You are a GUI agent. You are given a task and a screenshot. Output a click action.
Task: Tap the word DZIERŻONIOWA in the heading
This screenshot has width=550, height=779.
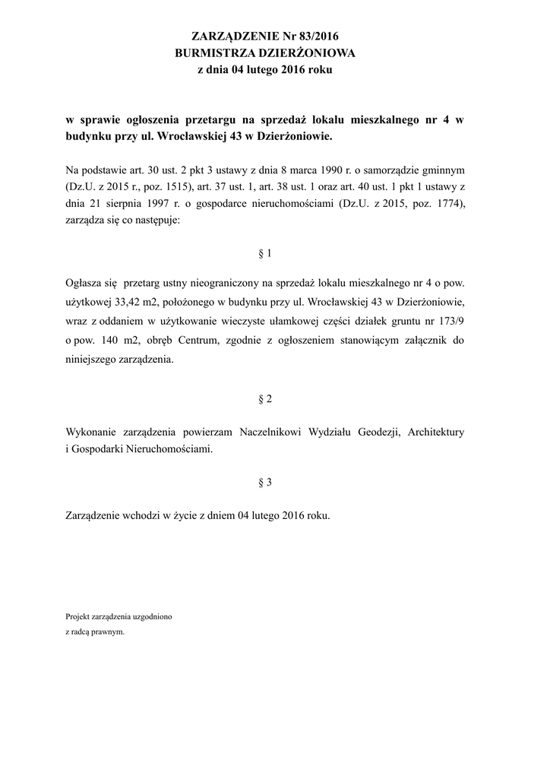click(x=307, y=52)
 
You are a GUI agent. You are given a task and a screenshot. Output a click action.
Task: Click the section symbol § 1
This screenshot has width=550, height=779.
click(x=265, y=253)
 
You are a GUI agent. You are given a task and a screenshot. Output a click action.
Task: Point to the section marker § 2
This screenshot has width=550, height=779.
click(x=265, y=399)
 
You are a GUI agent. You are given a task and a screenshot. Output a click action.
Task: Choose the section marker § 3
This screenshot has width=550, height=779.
click(x=265, y=482)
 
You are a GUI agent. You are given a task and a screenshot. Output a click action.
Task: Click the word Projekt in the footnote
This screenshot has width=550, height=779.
click(x=78, y=616)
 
